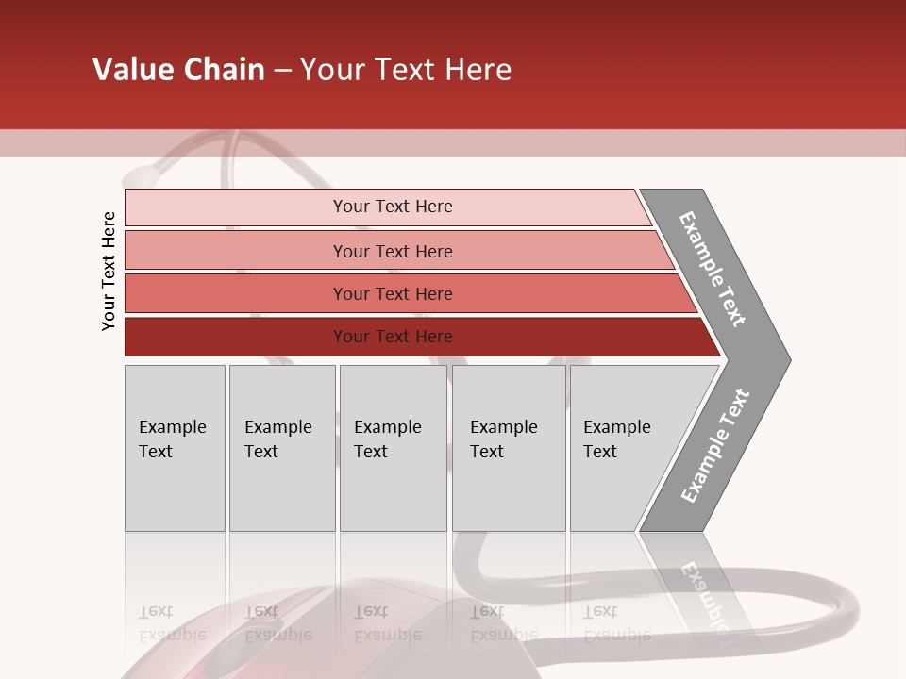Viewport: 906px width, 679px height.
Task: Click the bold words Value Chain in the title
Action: coord(178,70)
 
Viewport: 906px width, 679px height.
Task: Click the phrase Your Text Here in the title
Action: coord(406,70)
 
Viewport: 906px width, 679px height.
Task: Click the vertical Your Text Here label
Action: coord(109,272)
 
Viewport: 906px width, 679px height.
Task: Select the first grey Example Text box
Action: coord(175,448)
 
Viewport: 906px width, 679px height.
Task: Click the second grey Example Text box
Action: coord(282,448)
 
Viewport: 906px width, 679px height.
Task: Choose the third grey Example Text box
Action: coord(393,448)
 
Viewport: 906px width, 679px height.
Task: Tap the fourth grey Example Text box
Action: coord(509,448)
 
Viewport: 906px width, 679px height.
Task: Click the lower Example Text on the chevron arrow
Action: coord(715,446)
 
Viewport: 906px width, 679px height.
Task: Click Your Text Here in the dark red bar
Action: coord(393,337)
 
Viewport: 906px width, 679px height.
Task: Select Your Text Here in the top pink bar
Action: coord(393,207)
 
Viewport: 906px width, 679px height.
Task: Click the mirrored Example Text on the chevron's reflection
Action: coord(704,594)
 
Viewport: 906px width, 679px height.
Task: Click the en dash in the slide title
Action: coord(282,71)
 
